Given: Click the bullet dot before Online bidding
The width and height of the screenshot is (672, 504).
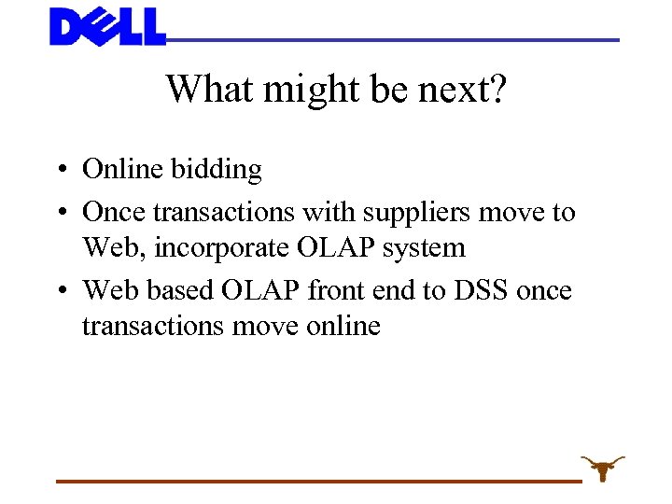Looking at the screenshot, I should click(x=59, y=171).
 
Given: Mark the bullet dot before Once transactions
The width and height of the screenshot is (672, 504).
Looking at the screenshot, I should click(x=59, y=214).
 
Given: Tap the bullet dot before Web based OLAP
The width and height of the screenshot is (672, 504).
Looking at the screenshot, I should click(x=59, y=292).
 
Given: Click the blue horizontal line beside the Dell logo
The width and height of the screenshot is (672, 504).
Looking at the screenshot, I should click(x=392, y=40).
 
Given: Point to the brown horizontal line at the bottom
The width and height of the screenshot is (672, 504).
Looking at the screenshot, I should click(x=317, y=481).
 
